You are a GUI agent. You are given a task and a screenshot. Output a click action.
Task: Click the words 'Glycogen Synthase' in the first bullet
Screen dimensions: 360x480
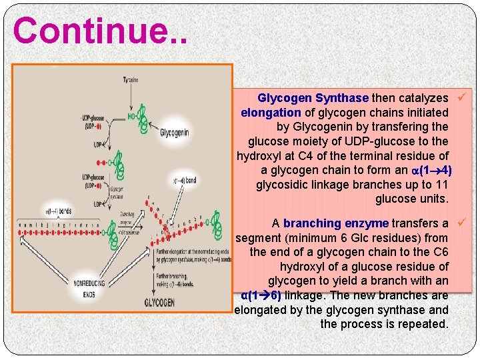click(313, 98)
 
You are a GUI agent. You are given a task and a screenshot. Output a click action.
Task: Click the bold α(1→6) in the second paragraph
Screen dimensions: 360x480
click(261, 295)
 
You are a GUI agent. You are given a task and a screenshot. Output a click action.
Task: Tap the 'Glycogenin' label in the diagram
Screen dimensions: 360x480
click(174, 133)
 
